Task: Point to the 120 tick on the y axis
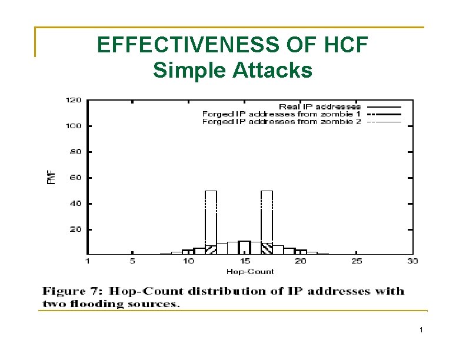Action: click(x=74, y=100)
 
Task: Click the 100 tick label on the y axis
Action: click(x=74, y=126)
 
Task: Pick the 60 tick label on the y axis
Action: click(x=76, y=178)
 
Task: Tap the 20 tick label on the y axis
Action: click(x=76, y=229)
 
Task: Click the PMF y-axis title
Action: click(x=51, y=176)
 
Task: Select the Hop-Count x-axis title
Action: click(x=250, y=271)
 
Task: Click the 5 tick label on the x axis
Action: click(x=132, y=261)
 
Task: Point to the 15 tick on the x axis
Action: click(x=244, y=261)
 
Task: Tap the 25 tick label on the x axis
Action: click(x=357, y=261)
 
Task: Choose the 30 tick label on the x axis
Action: click(x=412, y=261)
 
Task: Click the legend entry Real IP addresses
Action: click(x=319, y=106)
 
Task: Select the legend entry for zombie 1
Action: click(x=281, y=114)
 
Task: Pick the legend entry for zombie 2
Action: click(x=281, y=122)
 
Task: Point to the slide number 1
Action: click(x=421, y=331)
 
